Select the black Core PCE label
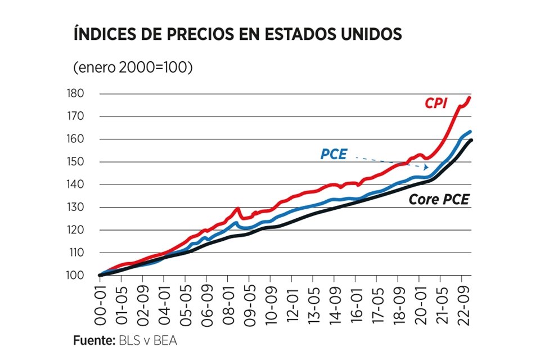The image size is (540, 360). [x=439, y=199]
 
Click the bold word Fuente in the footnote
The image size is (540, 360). [x=93, y=341]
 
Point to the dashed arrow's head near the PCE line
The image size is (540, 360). [x=428, y=167]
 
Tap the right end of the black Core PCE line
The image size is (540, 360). [x=471, y=140]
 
